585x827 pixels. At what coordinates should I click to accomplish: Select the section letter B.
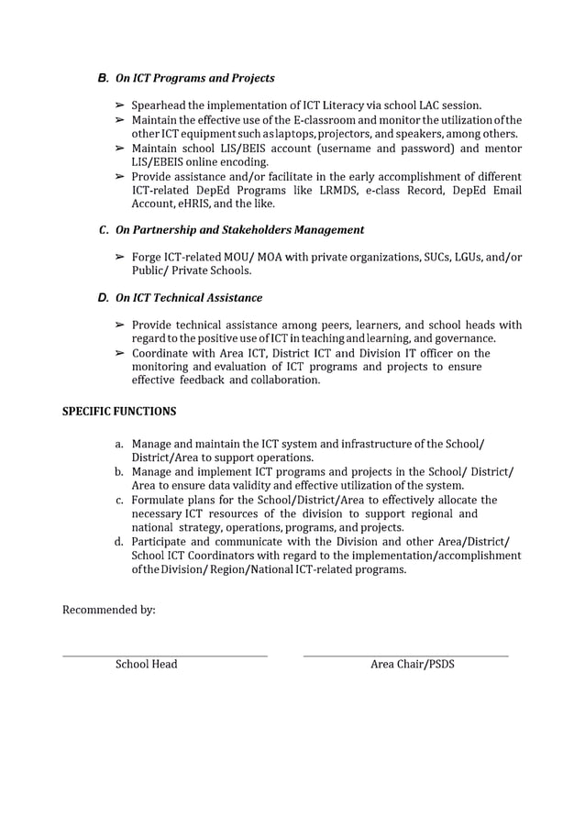[103, 78]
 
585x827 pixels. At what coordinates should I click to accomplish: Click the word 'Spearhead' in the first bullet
[159, 106]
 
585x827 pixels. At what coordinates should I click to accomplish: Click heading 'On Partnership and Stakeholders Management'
[239, 230]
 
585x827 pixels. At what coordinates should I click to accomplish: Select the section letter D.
[103, 298]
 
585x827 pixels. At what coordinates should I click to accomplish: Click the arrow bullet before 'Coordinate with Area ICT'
[119, 353]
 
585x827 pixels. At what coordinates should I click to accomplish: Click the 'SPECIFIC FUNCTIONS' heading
[119, 412]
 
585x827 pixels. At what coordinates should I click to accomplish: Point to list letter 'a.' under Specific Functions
[119, 444]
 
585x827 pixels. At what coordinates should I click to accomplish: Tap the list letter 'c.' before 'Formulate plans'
[119, 500]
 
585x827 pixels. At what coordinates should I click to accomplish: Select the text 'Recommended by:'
[108, 610]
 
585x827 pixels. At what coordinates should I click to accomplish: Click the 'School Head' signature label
[146, 664]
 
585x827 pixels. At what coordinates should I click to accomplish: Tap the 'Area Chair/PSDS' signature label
[412, 664]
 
